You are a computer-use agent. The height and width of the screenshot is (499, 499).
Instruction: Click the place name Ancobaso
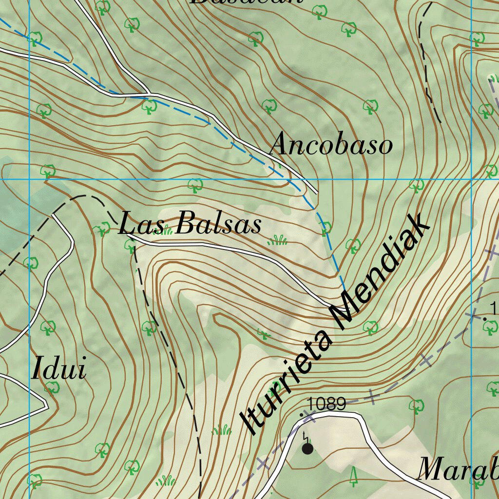coord(331,145)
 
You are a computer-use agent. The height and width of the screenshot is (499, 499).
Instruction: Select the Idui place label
coord(59,369)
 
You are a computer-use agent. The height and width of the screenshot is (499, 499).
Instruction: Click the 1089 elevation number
coord(327,404)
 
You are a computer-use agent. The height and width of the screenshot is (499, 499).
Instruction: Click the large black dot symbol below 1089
coord(307,448)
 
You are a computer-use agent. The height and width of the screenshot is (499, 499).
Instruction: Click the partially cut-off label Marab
coord(458,469)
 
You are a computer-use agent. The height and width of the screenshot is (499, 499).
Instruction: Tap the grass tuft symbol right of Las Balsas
coord(277,239)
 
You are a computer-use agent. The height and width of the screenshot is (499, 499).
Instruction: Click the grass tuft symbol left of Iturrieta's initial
coord(222,429)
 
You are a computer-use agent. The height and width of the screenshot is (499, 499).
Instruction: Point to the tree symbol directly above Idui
coord(48,327)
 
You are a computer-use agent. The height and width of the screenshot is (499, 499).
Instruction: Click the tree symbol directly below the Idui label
coord(52,388)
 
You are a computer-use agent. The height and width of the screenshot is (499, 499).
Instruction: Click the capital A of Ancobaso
coord(280,145)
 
